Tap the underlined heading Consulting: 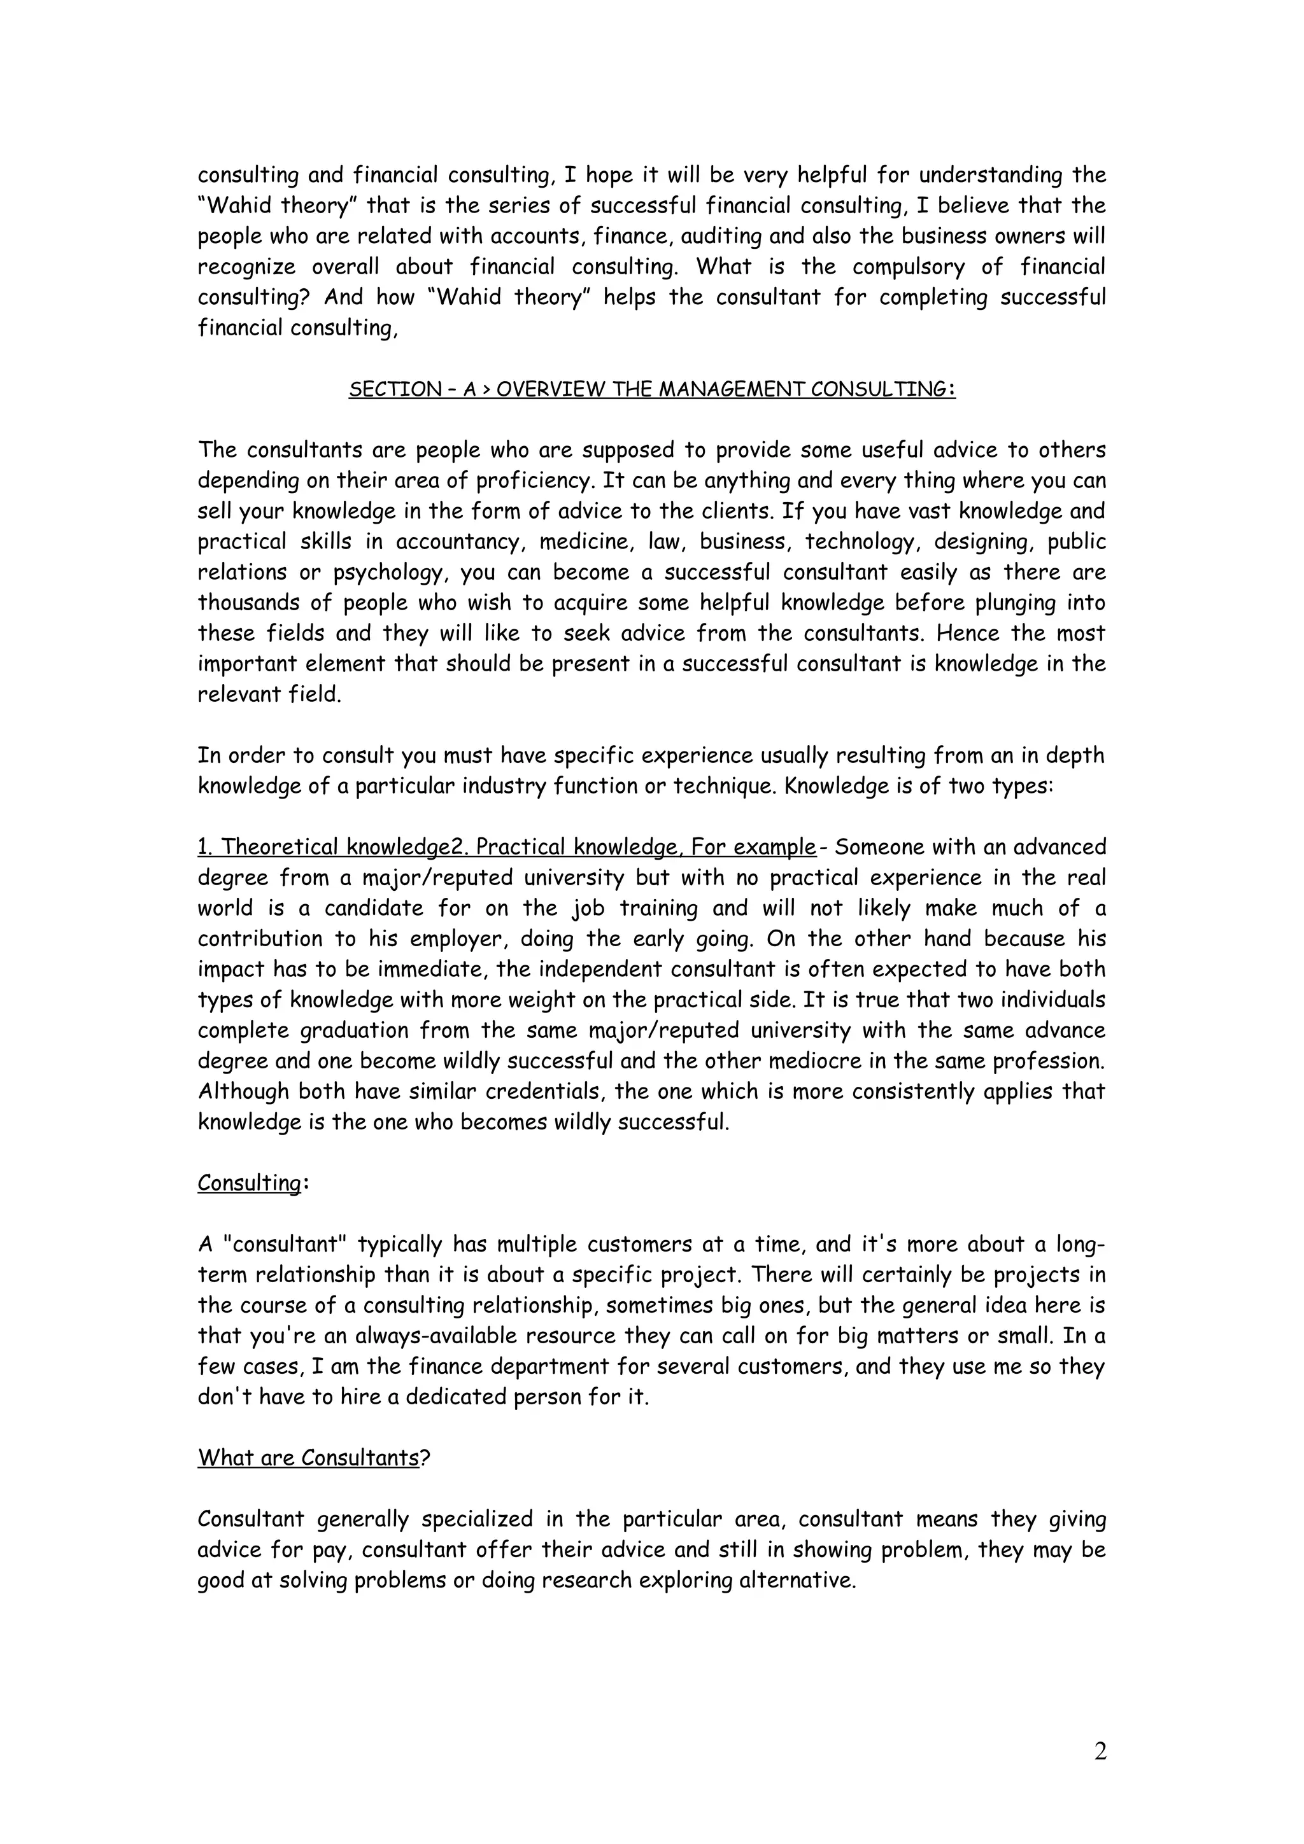(x=252, y=1183)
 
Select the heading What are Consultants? (x=313, y=1458)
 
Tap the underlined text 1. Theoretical (x=270, y=848)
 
